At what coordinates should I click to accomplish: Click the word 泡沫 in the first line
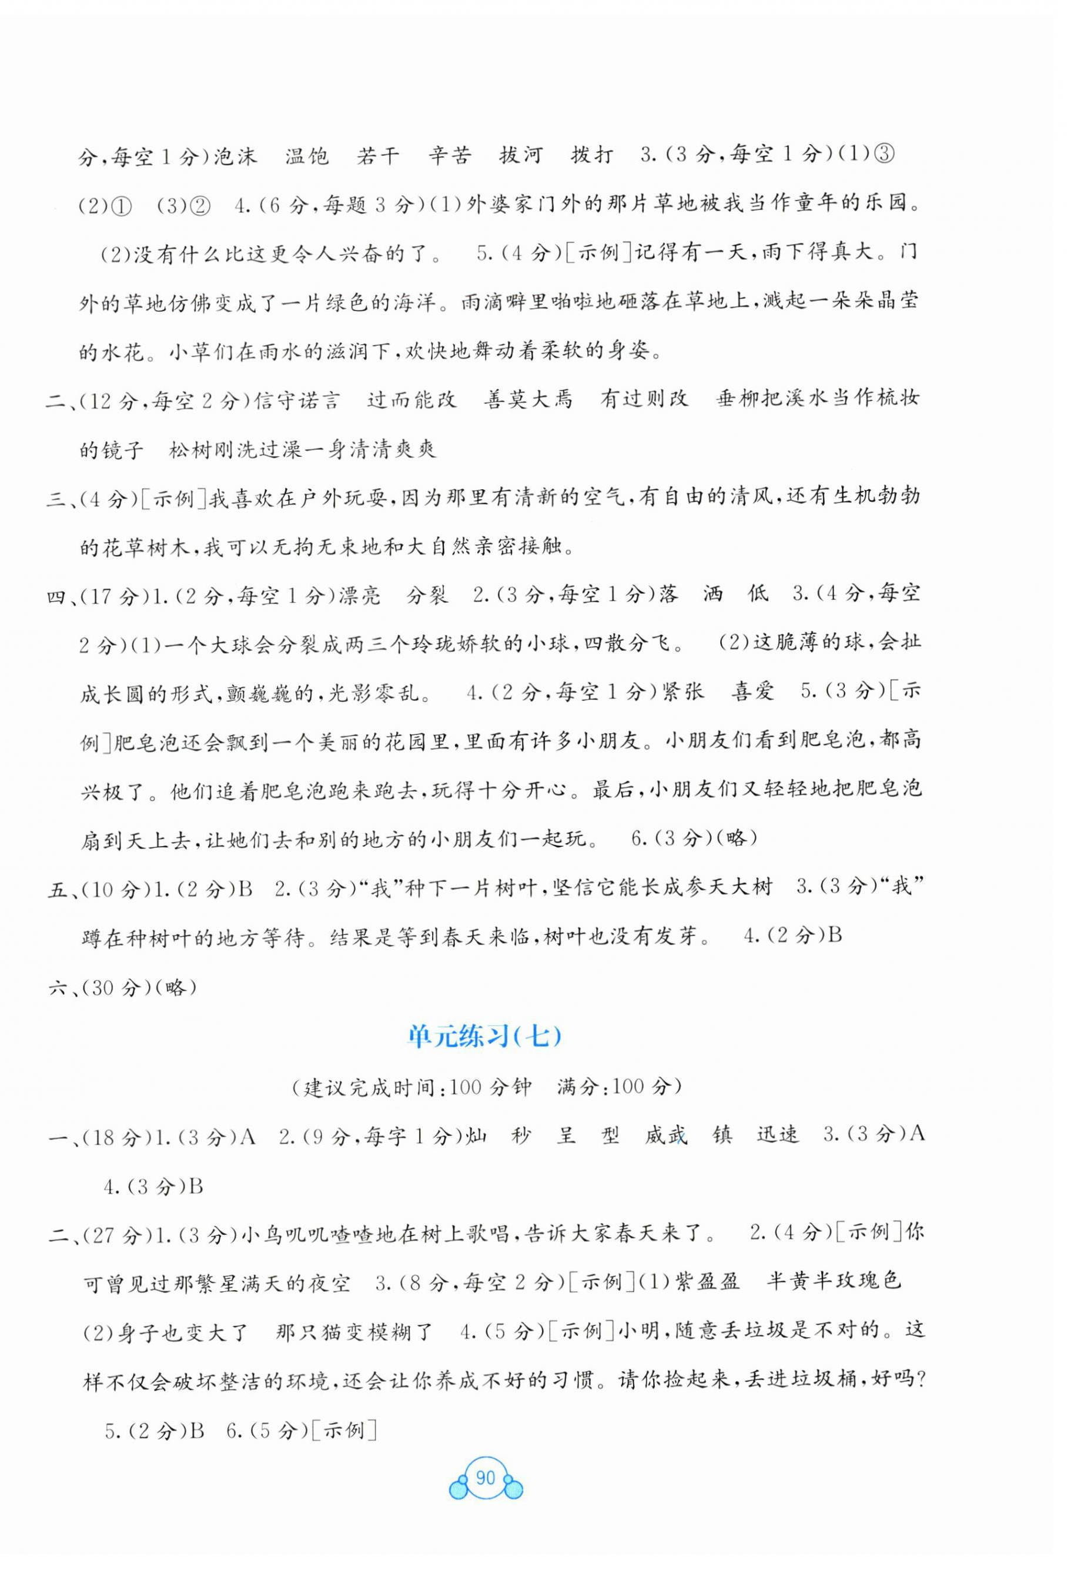click(x=236, y=156)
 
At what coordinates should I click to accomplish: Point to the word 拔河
click(x=521, y=156)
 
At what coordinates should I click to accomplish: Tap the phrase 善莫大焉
click(x=528, y=400)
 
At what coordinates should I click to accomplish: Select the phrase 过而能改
click(x=412, y=400)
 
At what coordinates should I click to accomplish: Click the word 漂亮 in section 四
click(x=359, y=594)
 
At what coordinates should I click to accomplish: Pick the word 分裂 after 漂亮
click(x=427, y=594)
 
